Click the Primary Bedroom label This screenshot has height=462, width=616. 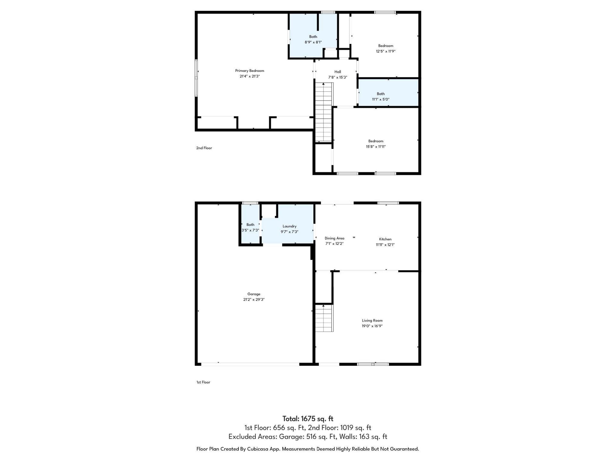pyautogui.click(x=250, y=71)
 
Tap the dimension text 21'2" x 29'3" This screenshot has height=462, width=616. pyautogui.click(x=254, y=299)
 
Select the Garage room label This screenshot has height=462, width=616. pyautogui.click(x=254, y=294)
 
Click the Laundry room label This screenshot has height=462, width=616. pyautogui.click(x=289, y=226)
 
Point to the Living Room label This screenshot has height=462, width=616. pyautogui.click(x=372, y=320)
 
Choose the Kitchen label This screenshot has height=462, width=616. pyautogui.click(x=385, y=239)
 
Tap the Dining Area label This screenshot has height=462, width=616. pyautogui.click(x=334, y=238)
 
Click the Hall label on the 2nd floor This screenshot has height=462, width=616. pyautogui.click(x=338, y=72)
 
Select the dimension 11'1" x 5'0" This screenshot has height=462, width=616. pyautogui.click(x=381, y=99)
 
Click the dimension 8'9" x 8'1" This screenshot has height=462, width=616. pyautogui.click(x=313, y=42)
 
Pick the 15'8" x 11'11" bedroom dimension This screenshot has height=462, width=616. pyautogui.click(x=376, y=147)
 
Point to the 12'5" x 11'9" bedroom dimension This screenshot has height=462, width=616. pyautogui.click(x=386, y=51)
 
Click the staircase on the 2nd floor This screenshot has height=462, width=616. pyautogui.click(x=324, y=112)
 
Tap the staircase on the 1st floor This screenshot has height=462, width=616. pyautogui.click(x=324, y=318)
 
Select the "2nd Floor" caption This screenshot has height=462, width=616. pyautogui.click(x=204, y=148)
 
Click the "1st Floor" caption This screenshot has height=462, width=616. pyautogui.click(x=203, y=382)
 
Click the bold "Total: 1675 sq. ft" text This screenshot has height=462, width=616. pyautogui.click(x=308, y=419)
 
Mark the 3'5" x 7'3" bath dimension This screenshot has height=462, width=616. pyautogui.click(x=250, y=230)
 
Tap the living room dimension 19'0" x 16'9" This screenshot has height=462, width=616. pyautogui.click(x=372, y=326)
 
